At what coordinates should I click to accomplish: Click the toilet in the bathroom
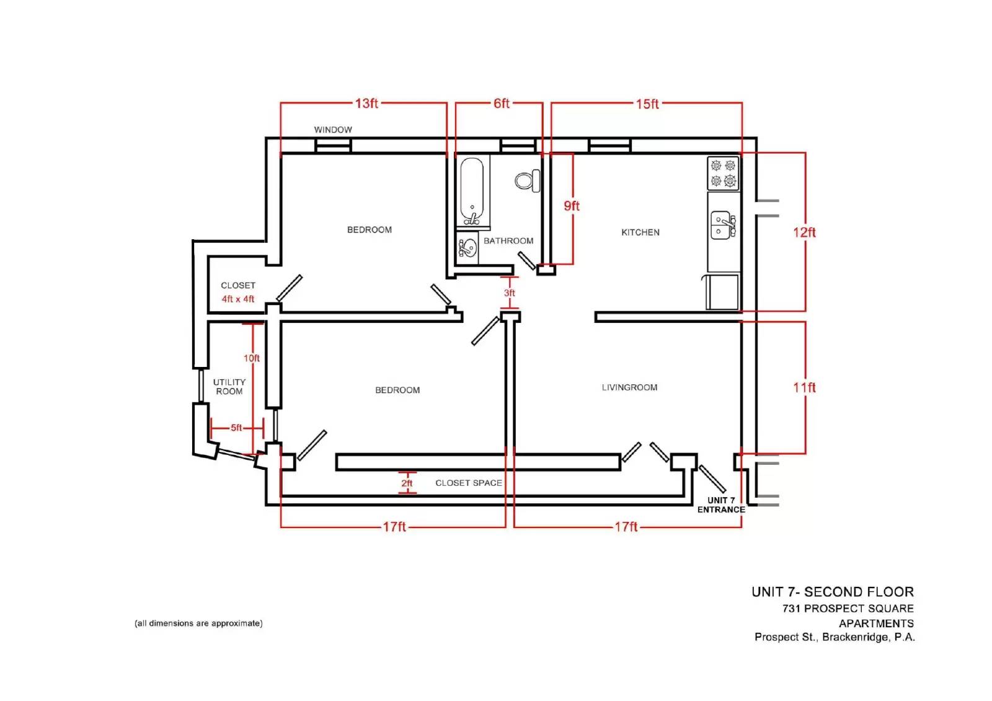[528, 181]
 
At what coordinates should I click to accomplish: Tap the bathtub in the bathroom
[472, 192]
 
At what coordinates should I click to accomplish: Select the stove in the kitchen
[723, 173]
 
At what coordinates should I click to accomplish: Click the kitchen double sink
[723, 225]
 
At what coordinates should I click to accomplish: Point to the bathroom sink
[467, 248]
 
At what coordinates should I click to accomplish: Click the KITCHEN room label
[640, 232]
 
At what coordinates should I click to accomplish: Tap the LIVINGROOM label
[629, 387]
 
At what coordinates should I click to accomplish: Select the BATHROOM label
[508, 241]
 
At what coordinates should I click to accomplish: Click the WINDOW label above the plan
[333, 130]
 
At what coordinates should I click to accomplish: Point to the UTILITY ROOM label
[229, 387]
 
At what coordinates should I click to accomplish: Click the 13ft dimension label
[366, 103]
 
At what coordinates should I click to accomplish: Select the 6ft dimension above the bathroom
[502, 103]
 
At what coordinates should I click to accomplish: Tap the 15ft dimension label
[647, 104]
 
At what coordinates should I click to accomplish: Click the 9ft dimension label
[571, 206]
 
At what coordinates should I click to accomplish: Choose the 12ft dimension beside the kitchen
[804, 232]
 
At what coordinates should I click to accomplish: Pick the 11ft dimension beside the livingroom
[804, 387]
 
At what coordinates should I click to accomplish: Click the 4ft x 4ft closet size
[238, 299]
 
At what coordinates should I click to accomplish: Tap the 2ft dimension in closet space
[407, 483]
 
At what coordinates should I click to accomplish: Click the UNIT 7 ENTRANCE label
[721, 505]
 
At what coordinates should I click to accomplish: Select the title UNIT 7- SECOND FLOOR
[833, 592]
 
